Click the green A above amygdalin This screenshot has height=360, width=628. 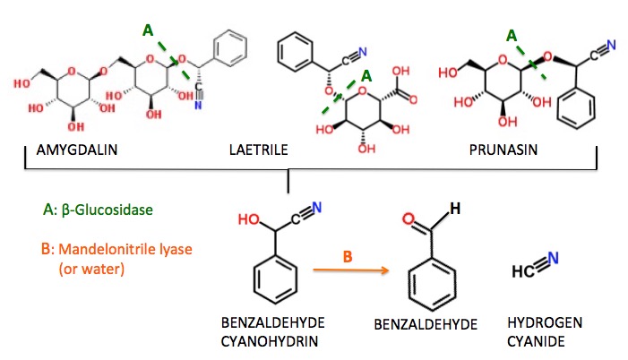148,30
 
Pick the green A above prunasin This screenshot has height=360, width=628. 512,36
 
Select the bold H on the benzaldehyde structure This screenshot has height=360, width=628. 454,209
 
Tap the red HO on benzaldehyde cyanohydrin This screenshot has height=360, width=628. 247,217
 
